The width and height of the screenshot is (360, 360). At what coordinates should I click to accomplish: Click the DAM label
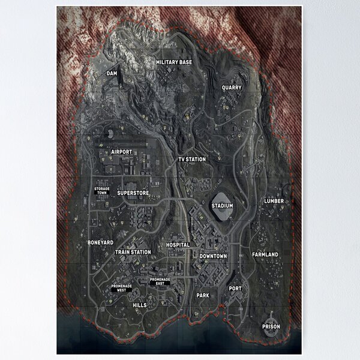pos(112,74)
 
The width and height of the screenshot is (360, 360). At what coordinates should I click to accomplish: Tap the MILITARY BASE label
pos(174,62)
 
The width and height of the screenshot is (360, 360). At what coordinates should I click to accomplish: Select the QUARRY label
pos(232,88)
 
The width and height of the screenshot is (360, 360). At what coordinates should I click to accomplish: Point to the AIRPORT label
pos(121,152)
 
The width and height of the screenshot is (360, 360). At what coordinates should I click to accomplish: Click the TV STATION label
pos(192,160)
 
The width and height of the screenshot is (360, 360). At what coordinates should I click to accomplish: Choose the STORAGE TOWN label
pos(103,191)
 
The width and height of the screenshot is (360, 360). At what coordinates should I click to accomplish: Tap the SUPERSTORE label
pos(133,193)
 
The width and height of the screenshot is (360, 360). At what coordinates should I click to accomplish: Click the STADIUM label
pos(222,206)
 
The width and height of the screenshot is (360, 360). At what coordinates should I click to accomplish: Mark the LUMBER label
pos(274,201)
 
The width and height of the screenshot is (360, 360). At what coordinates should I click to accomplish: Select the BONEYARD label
pos(100,242)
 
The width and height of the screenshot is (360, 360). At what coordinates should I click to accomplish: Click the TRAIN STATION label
pos(133,253)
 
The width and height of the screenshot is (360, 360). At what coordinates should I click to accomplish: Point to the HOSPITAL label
pos(178,245)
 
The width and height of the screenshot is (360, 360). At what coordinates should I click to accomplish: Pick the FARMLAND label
pos(265,255)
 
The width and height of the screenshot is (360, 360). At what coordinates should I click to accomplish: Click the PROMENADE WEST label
pos(122,288)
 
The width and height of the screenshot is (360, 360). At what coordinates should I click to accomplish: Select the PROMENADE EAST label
pos(160,281)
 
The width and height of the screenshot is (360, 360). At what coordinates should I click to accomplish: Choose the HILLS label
pos(139,305)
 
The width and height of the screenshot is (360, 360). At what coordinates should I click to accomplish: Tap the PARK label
pos(203,296)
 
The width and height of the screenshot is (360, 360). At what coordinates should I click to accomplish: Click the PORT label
pos(235,289)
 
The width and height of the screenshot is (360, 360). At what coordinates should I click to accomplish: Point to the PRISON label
pos(271,327)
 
